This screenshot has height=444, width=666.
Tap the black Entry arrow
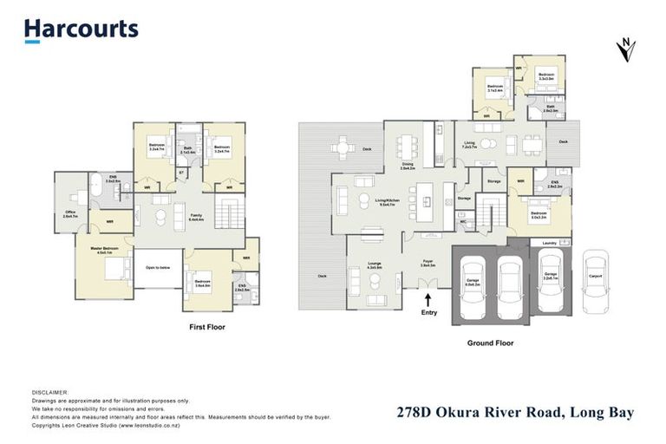(x=428, y=299)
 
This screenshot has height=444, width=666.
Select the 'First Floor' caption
(x=208, y=328)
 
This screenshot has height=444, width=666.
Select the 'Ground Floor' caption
(x=491, y=343)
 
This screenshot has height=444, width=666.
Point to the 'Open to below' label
(x=157, y=267)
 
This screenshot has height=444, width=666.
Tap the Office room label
(x=70, y=215)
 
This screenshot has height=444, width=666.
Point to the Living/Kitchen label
(x=385, y=203)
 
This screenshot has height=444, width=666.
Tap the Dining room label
(x=407, y=166)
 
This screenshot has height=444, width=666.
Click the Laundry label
(x=548, y=244)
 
